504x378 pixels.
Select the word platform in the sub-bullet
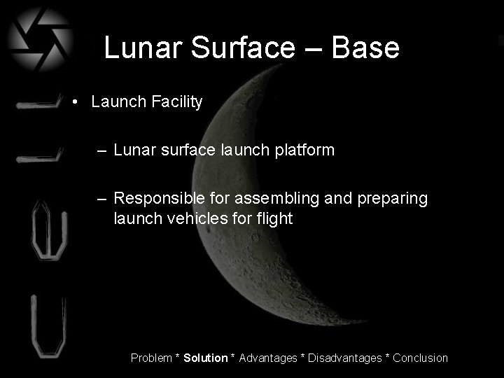tap(304, 150)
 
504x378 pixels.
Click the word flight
tap(274, 218)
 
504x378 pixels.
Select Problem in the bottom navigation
tap(152, 358)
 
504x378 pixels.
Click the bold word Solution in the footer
tap(205, 358)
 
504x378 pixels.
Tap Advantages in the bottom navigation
tap(268, 358)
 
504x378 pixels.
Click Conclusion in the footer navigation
tap(420, 358)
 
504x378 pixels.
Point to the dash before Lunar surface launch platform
tap(103, 150)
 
